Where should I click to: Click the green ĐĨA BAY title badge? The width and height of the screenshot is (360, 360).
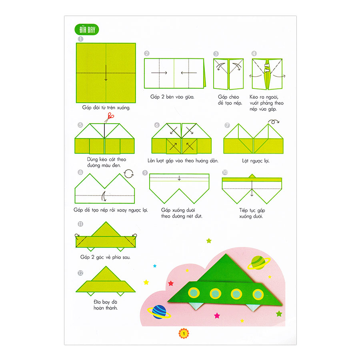87,30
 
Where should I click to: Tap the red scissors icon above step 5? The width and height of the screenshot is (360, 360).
109,117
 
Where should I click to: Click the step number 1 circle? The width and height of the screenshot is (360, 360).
80,39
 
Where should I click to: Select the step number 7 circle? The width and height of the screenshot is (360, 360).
227,125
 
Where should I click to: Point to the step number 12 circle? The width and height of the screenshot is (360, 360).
80,273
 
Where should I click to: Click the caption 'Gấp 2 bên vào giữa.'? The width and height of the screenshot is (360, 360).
172,97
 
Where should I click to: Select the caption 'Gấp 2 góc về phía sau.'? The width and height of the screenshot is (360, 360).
105,257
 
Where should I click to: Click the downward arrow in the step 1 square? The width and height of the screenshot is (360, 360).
106,73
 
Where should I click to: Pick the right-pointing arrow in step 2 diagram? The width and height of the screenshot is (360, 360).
159,73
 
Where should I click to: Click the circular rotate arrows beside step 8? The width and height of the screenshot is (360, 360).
129,174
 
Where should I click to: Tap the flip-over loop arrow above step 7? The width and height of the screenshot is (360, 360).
274,122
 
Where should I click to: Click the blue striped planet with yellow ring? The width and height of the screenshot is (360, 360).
159,312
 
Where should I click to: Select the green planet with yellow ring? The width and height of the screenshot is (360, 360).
259,262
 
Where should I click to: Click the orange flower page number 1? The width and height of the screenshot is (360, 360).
184,333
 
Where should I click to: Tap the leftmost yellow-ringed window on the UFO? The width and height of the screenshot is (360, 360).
194,293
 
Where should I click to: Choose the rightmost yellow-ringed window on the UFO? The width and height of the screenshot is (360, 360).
258,294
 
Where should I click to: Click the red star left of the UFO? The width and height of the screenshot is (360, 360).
171,283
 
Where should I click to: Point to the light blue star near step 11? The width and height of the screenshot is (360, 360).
155,266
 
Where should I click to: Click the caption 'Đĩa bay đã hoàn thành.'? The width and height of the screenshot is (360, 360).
106,305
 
